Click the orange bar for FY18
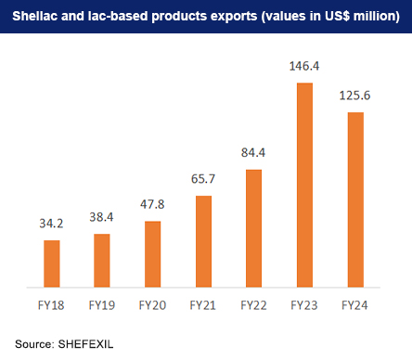[x=52, y=264]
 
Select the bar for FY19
[x=102, y=261]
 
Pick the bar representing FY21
[x=203, y=242]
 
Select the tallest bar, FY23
[x=304, y=186]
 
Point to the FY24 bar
[x=355, y=200]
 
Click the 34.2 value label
[x=52, y=226]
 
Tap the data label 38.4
[x=102, y=220]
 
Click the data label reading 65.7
[x=203, y=183]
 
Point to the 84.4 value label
[x=253, y=156]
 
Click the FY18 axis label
[x=52, y=303]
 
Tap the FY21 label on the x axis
[x=203, y=303]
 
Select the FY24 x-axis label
[x=355, y=303]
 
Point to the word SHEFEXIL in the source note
[x=86, y=342]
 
